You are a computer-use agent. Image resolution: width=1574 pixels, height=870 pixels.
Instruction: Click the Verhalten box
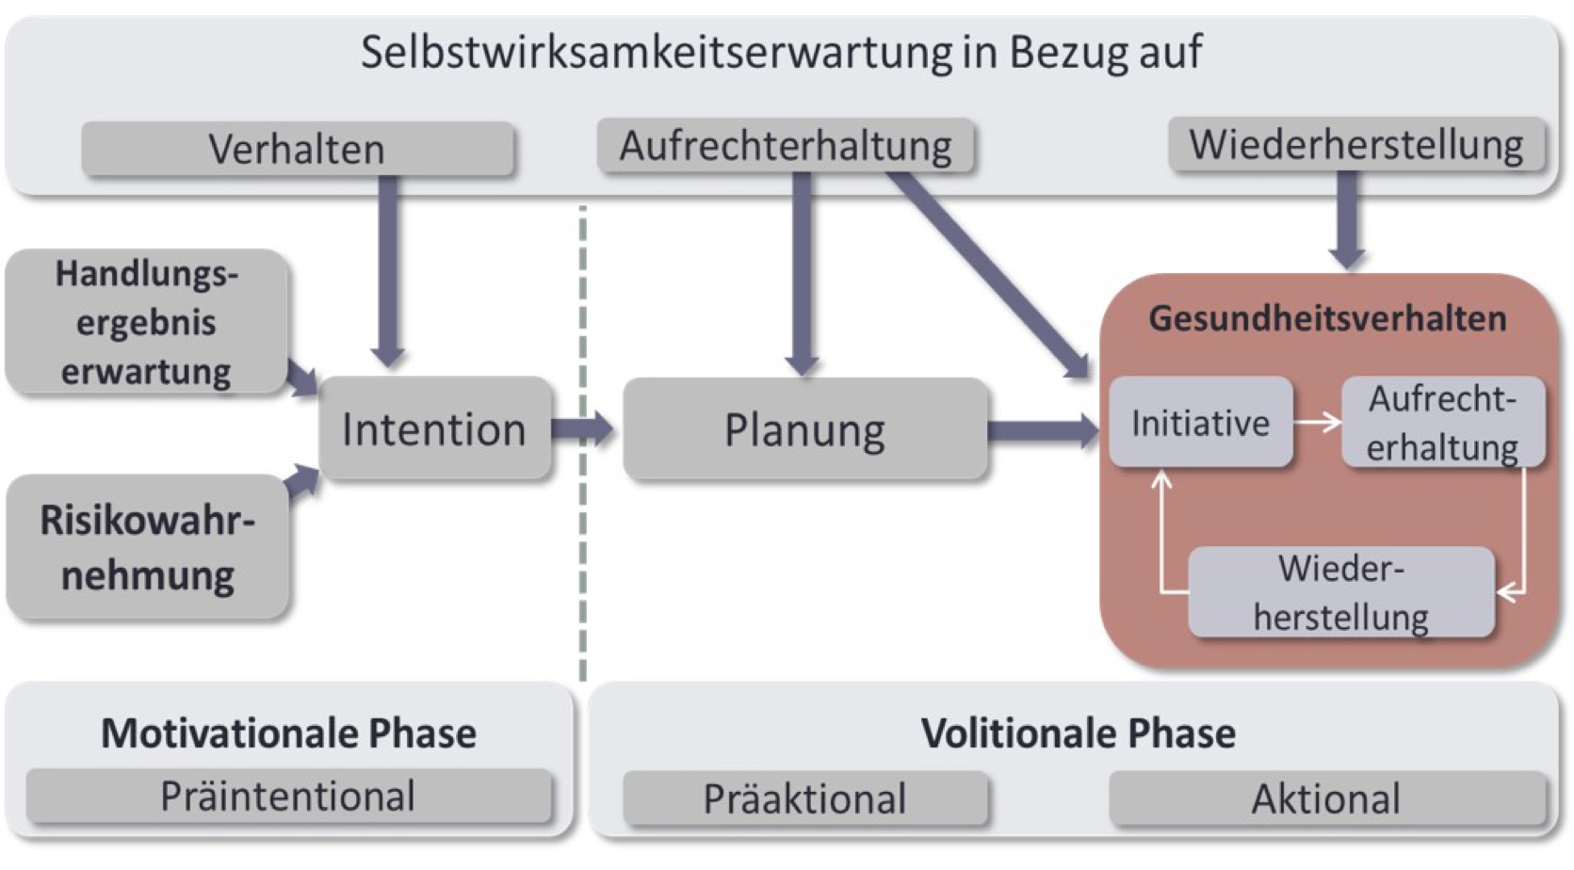point(297,149)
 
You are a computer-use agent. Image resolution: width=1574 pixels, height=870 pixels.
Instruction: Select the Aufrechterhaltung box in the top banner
point(785,146)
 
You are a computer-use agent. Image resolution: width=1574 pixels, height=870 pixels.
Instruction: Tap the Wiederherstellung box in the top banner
point(1355,145)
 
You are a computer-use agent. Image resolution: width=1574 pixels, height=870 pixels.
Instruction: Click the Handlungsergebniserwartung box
point(146,322)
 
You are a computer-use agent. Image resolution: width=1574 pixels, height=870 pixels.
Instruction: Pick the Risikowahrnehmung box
point(147,547)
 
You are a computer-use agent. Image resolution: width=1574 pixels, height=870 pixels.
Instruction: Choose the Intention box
point(433,429)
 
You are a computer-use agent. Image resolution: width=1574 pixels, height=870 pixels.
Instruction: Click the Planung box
point(804,430)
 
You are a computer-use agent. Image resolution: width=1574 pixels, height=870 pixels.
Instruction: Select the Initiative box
point(1200,423)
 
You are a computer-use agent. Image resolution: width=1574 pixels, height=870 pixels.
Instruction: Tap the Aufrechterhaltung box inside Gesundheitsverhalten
point(1442,423)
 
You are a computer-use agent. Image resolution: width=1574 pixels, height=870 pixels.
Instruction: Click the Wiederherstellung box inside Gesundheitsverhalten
point(1340,593)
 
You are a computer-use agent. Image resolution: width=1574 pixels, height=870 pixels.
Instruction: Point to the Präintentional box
point(287,797)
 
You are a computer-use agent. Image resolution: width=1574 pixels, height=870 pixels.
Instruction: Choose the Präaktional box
point(804,799)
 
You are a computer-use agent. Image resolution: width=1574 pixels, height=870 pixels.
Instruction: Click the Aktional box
point(1326,799)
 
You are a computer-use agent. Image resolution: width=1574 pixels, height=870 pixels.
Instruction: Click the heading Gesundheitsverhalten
point(1327,318)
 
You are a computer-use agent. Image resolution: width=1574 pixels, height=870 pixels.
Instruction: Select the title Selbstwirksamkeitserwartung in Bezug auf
point(781,52)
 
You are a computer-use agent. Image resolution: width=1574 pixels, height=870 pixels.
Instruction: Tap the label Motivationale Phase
point(288,733)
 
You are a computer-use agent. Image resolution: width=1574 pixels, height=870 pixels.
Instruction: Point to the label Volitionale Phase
point(1078,733)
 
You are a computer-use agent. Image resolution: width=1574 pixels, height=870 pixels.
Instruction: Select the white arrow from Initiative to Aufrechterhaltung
point(1317,423)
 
